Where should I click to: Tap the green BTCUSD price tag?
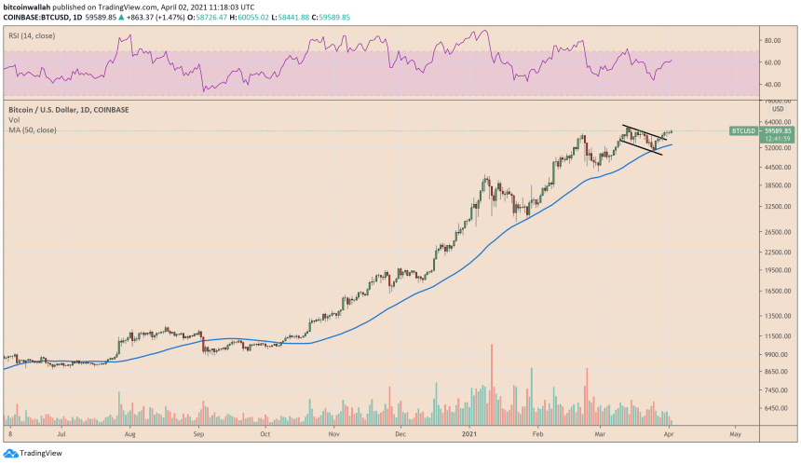point(742,131)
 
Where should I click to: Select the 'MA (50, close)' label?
point(33,130)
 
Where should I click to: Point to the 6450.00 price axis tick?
point(777,408)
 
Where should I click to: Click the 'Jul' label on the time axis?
point(62,433)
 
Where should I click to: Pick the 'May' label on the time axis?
point(734,433)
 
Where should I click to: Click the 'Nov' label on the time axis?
point(333,433)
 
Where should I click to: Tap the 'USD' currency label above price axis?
point(778,109)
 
